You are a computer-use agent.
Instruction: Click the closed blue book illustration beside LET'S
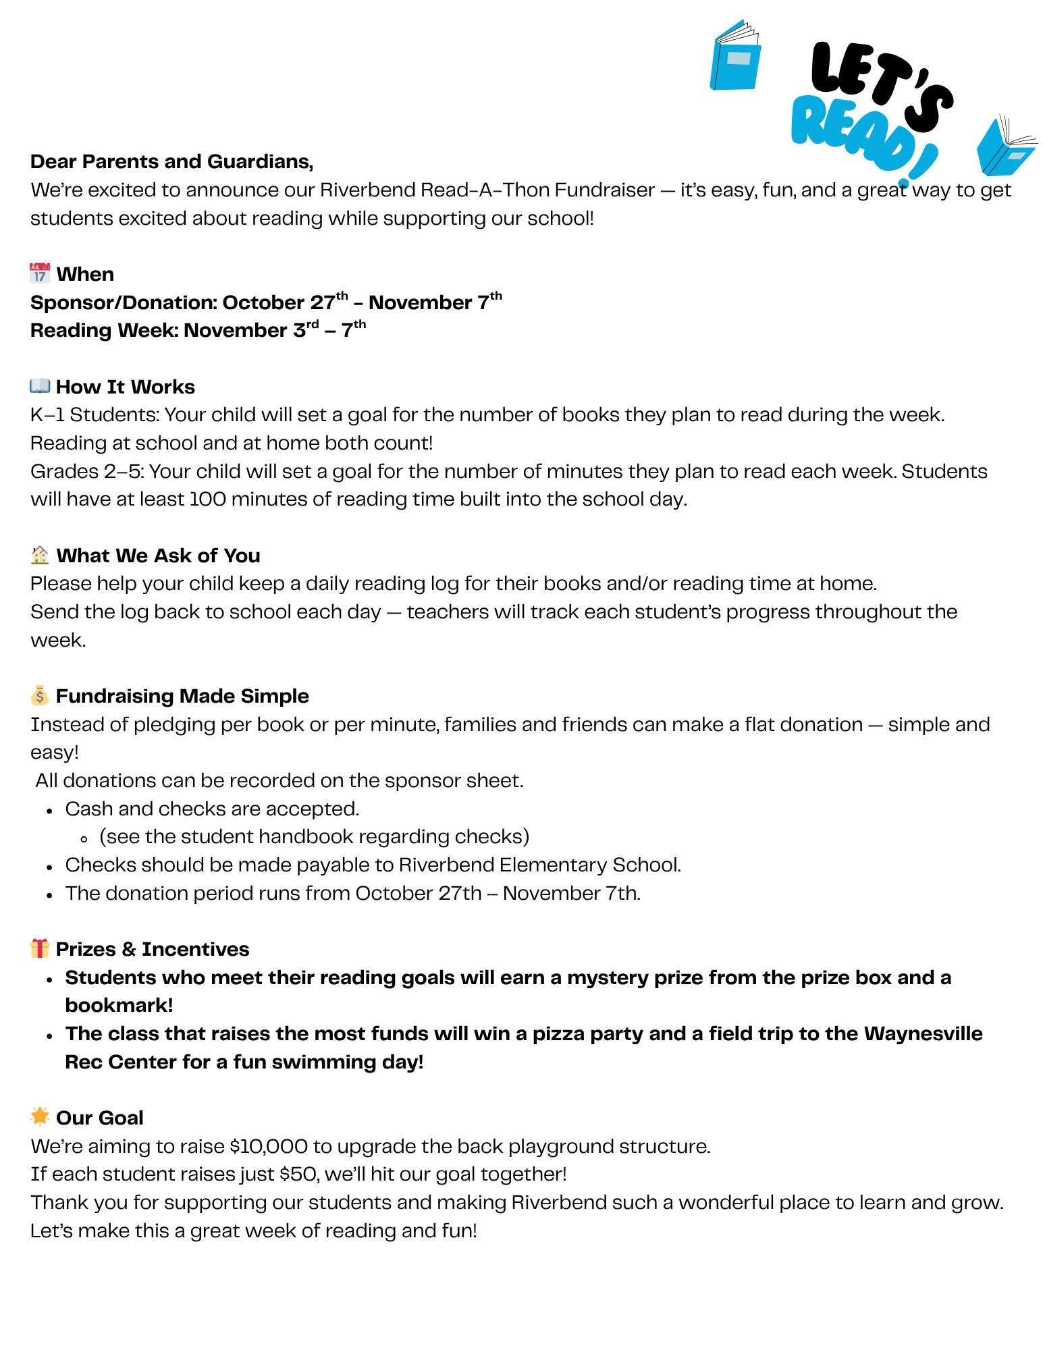735,57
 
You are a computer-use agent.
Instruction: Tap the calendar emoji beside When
40,273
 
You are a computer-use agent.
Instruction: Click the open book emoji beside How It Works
40,386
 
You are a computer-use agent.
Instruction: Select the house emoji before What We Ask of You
40,555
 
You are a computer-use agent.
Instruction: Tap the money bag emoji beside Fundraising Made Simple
40,695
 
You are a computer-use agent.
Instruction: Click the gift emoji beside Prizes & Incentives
40,948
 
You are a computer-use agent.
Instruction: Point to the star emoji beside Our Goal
40,1117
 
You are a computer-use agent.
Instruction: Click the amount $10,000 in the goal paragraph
269,1146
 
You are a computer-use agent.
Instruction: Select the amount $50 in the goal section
298,1174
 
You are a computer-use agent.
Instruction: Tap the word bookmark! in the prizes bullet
119,1005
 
